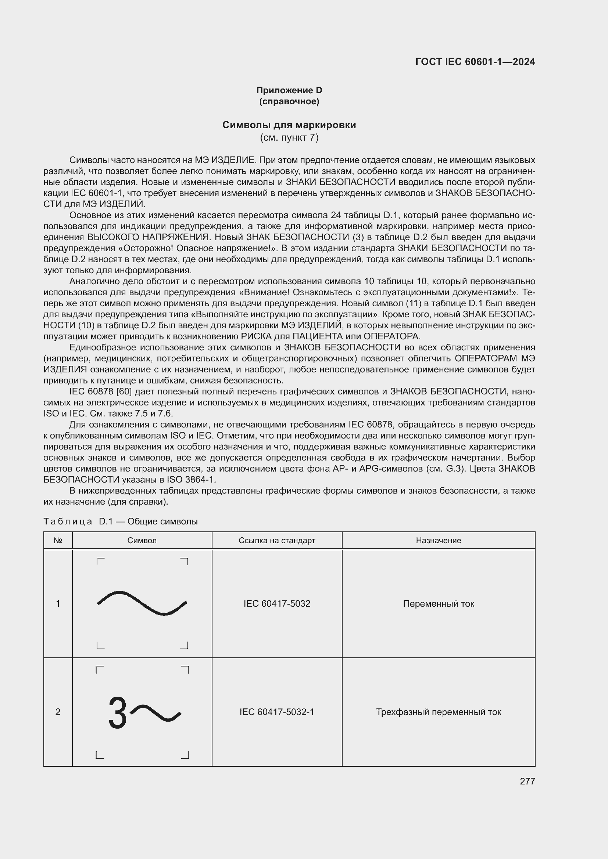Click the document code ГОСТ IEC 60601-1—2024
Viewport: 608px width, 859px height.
(x=475, y=62)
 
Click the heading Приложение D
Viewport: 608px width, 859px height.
(x=289, y=90)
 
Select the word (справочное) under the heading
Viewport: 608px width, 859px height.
(x=289, y=101)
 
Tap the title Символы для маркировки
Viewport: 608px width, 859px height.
(x=289, y=125)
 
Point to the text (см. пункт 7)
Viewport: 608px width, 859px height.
(x=289, y=138)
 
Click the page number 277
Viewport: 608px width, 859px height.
(x=527, y=781)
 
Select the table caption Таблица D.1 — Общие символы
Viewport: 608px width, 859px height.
(x=121, y=521)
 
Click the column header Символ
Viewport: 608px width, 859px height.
(x=142, y=540)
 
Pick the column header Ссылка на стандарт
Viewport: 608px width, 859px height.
(x=277, y=540)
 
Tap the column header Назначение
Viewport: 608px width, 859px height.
(x=439, y=540)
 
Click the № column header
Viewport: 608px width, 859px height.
(x=58, y=540)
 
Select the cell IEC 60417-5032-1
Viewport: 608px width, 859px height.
(x=277, y=712)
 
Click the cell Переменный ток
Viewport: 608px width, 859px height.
(x=439, y=603)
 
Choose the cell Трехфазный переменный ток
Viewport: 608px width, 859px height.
(x=439, y=712)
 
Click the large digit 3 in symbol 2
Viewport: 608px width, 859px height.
(x=118, y=713)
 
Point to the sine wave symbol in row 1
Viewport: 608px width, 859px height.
(x=142, y=603)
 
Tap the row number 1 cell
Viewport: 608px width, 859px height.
(x=58, y=603)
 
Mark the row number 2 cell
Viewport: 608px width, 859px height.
(x=58, y=712)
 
